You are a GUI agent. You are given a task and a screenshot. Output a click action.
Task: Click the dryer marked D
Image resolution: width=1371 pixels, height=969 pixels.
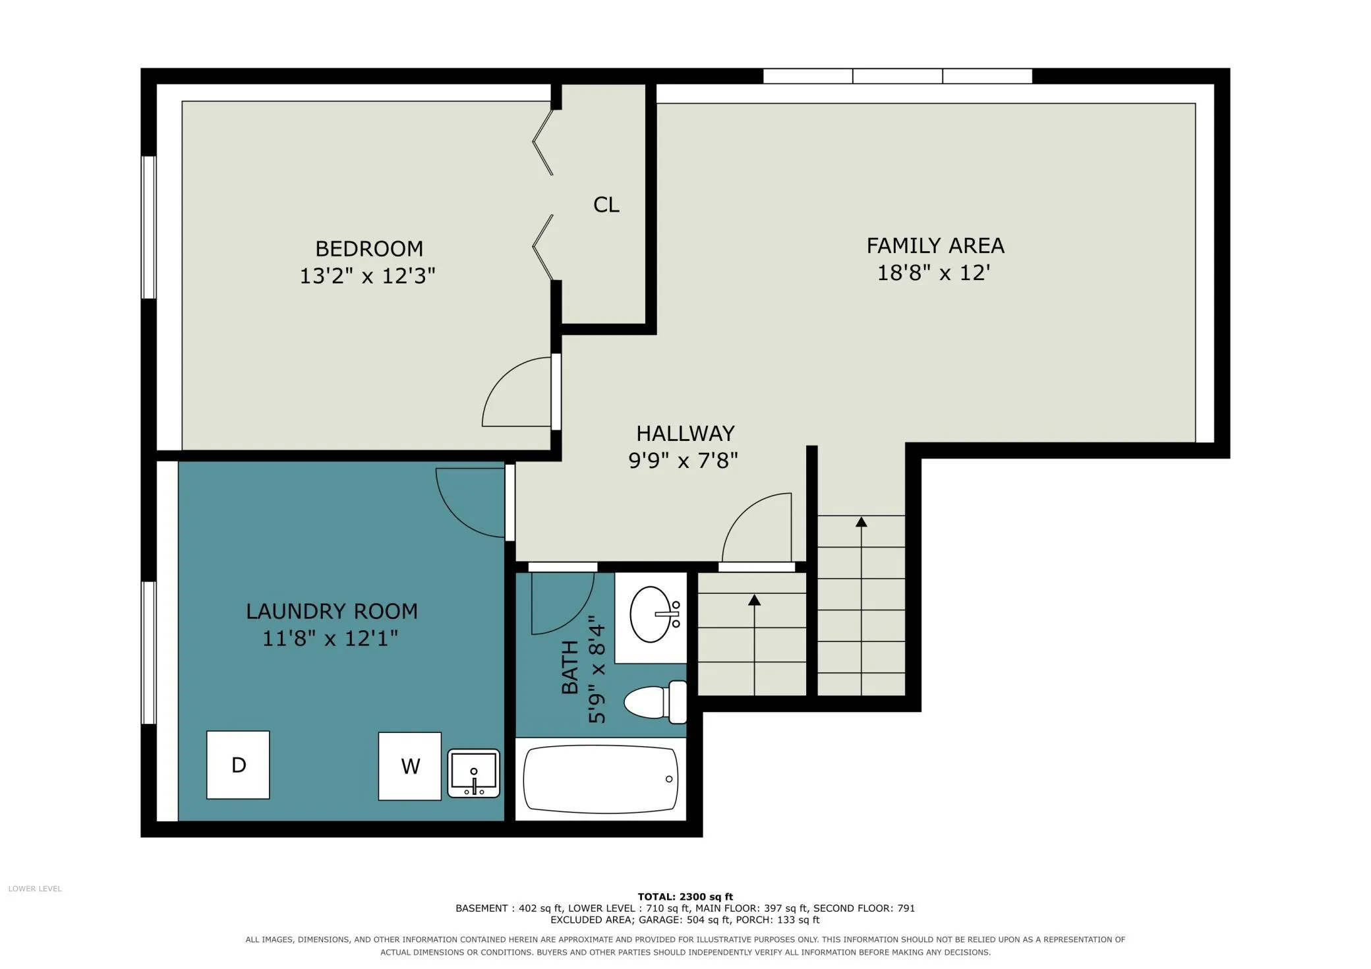pos(238,765)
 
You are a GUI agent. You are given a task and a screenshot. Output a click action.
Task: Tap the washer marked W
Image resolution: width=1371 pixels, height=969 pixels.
pos(409,766)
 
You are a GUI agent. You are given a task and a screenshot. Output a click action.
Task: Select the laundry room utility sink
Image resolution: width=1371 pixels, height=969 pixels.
pos(473,773)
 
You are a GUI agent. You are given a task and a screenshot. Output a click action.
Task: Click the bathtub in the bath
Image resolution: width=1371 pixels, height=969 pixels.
pos(600,779)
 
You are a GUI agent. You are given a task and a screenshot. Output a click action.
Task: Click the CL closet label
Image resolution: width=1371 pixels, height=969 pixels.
pos(606,205)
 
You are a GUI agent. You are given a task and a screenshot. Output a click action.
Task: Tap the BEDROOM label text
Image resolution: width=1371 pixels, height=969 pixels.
pos(369,249)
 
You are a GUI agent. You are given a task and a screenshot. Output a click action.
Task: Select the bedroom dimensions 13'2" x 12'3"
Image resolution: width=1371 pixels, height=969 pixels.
pos(368,276)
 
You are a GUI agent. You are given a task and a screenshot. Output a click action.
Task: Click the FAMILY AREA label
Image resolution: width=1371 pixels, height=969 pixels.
pos(935,246)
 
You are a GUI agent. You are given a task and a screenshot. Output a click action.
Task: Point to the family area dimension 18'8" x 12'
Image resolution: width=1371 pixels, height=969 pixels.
pos(934,272)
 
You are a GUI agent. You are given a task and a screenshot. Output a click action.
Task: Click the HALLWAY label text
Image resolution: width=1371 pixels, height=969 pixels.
pos(685,433)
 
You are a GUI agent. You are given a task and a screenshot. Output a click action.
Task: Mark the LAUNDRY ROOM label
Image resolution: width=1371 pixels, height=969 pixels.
pos(332,611)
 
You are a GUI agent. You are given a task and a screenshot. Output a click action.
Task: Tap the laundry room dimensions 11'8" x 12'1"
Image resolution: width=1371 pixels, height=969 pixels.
pos(330,638)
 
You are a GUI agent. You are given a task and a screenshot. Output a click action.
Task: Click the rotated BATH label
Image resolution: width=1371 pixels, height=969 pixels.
pos(569,667)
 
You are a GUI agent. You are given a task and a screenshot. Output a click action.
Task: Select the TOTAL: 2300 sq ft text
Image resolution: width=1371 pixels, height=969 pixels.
pos(685,896)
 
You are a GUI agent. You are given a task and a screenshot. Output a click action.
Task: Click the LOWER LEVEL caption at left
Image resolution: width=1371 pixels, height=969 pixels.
pos(35,889)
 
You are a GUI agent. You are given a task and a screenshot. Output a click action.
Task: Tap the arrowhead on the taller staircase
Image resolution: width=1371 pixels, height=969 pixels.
pos(861,522)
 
